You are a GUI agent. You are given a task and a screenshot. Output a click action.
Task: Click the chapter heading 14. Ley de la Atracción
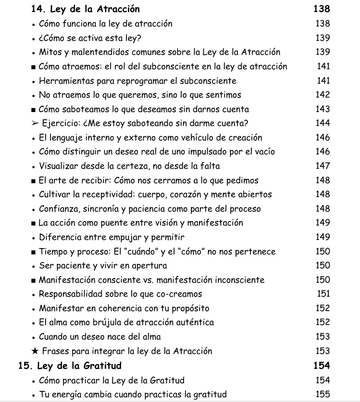[86, 9]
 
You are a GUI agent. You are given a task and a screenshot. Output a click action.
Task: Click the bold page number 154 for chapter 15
[322, 366]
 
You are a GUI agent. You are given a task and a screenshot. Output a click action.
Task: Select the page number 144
[323, 123]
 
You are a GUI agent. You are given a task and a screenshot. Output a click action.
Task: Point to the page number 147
[323, 166]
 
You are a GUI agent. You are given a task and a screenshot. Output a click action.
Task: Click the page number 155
[323, 394]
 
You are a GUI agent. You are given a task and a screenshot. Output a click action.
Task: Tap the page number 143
[323, 109]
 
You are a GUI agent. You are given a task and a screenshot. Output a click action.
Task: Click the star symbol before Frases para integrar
[34, 351]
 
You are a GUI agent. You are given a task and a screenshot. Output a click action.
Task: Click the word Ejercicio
[61, 123]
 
